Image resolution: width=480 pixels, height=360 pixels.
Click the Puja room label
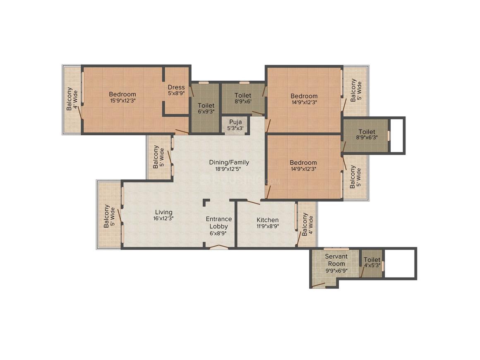coord(235,122)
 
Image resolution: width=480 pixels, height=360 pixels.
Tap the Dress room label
coord(176,87)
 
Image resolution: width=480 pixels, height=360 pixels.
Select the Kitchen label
coord(268,220)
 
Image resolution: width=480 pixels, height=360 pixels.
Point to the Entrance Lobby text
coord(218,223)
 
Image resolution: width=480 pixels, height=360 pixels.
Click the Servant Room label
coord(336,260)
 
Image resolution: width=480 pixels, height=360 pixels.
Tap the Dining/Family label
coord(229,162)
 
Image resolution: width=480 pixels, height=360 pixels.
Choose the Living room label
coord(163,212)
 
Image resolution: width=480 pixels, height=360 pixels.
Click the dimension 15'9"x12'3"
coord(123,101)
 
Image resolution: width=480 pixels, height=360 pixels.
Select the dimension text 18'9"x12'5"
coord(228,169)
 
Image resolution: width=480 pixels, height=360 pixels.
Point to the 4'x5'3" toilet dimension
coord(372,265)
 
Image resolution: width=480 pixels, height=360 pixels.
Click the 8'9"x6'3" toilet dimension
coord(367,138)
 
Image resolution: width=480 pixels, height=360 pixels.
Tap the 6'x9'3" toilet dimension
coord(206,111)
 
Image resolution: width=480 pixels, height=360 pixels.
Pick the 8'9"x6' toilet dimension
coord(243,101)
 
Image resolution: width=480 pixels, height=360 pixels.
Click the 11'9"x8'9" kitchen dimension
coord(268,226)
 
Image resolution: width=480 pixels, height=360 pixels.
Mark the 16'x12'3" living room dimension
coord(163,218)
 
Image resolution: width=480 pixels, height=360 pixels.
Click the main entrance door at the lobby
coord(218,247)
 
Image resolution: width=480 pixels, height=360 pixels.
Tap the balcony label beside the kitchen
coord(307,224)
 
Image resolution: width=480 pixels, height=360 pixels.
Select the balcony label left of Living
coord(109,216)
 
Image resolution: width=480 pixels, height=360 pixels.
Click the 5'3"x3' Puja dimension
coord(235,128)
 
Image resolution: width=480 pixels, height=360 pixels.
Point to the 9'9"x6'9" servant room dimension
coord(336,271)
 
